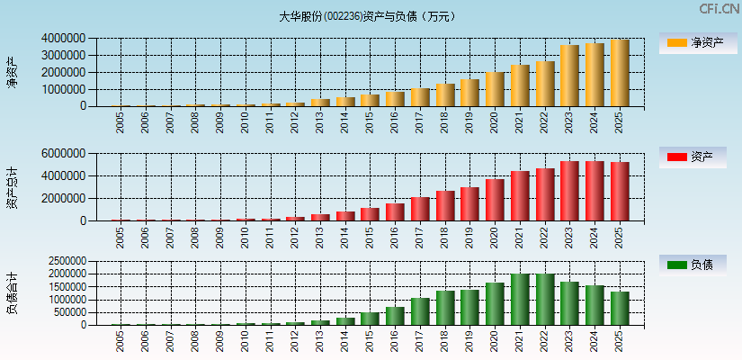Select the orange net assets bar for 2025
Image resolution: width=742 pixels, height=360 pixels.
pyautogui.click(x=620, y=73)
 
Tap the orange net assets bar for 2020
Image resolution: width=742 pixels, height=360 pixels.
pyautogui.click(x=495, y=89)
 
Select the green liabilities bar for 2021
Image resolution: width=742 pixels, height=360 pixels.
pyautogui.click(x=520, y=300)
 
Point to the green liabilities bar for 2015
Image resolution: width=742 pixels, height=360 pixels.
pyautogui.click(x=370, y=319)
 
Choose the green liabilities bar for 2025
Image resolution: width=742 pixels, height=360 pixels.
pyautogui.click(x=620, y=308)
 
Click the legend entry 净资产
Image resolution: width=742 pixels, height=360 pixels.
pyautogui.click(x=698, y=42)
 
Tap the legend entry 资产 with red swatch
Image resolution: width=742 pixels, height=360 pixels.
pyautogui.click(x=698, y=157)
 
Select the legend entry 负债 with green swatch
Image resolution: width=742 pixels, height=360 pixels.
pyautogui.click(x=698, y=265)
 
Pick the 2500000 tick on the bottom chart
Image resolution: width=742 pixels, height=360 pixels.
pyautogui.click(x=63, y=261)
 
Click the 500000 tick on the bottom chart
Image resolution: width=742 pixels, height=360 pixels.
pyautogui.click(x=66, y=312)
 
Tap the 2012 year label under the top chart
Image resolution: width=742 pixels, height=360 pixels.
pyautogui.click(x=295, y=121)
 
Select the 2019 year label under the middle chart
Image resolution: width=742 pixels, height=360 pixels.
pyautogui.click(x=470, y=237)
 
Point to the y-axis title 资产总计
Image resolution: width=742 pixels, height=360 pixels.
pyautogui.click(x=13, y=188)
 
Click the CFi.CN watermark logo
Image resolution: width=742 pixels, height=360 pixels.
pyautogui.click(x=718, y=9)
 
